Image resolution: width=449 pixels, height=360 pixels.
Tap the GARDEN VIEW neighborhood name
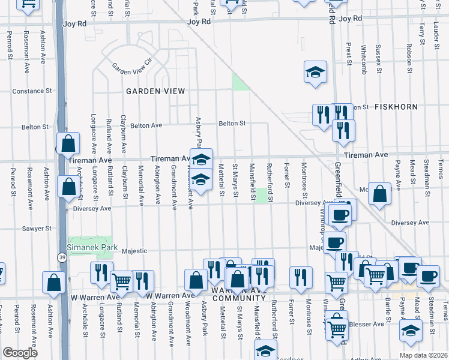pyautogui.click(x=155, y=91)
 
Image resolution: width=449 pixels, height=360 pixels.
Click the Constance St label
pyautogui.click(x=32, y=91)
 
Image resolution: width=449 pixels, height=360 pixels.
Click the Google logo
pyautogui.click(x=20, y=352)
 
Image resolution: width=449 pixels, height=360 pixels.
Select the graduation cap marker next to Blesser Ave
pyautogui.click(x=411, y=331)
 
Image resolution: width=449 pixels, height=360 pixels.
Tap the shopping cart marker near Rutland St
pyautogui.click(x=121, y=280)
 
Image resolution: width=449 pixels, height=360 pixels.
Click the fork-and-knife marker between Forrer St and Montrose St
pyautogui.click(x=301, y=277)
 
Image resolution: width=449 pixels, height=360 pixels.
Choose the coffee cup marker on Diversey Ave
pyautogui.click(x=340, y=215)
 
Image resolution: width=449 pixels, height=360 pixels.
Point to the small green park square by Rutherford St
pyautogui.click(x=262, y=196)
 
